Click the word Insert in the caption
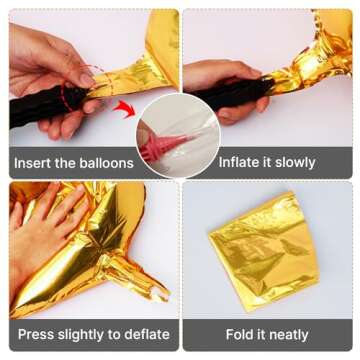click(x=35, y=162)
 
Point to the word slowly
click(x=290, y=162)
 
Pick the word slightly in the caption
click(x=87, y=334)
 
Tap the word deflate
click(x=146, y=334)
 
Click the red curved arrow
click(x=123, y=107)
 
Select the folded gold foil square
click(x=264, y=251)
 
